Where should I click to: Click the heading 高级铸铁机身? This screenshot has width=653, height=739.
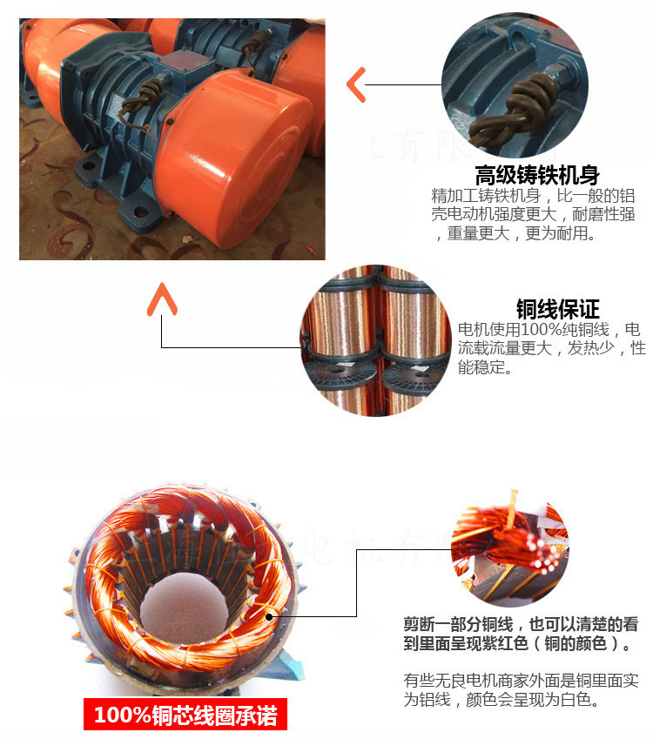tap(536, 174)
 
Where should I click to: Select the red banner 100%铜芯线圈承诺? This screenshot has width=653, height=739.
tap(185, 715)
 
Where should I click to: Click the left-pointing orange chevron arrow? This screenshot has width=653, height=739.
tap(355, 84)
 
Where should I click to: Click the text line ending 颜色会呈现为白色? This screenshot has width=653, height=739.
tap(502, 701)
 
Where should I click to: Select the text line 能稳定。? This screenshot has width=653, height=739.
tap(485, 368)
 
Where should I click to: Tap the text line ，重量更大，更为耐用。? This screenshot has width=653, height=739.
tap(516, 234)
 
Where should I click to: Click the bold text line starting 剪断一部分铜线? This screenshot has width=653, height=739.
tap(520, 624)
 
